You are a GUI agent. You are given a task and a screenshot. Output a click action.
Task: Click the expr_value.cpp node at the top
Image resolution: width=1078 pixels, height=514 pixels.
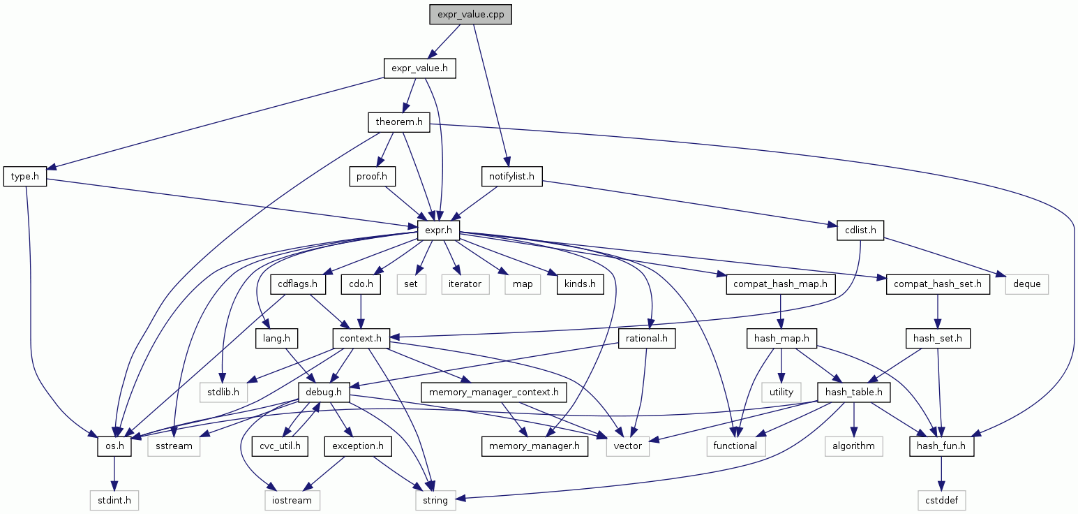[x=471, y=15]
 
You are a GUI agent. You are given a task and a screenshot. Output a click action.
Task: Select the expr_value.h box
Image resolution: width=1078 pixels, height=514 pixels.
[x=419, y=68]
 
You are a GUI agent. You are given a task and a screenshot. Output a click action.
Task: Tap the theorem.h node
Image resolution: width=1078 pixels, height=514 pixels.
[x=398, y=122]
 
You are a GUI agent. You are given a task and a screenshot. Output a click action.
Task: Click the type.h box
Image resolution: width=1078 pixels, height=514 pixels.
[x=25, y=177]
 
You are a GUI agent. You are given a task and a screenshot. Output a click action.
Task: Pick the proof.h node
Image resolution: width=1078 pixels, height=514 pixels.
[x=372, y=177]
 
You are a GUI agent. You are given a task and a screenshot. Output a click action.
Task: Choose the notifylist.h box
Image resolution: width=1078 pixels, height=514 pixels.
[x=511, y=177]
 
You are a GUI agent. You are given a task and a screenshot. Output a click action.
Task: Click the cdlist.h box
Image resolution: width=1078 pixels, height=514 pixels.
[x=860, y=230]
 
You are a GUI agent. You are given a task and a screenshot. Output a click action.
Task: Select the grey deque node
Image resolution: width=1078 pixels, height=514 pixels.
[x=1027, y=284]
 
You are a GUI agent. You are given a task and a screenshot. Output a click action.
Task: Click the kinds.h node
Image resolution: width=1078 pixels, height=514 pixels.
[x=580, y=284]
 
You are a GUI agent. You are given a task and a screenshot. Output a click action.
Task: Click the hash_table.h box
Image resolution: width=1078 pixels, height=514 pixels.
[x=853, y=392]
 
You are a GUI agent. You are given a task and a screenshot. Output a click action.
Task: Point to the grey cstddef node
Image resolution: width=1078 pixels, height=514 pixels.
[x=942, y=500]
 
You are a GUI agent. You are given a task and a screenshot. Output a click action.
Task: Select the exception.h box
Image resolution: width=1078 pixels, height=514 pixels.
[x=358, y=446]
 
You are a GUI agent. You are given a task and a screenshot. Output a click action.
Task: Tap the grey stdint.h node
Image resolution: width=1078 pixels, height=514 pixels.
[x=114, y=500]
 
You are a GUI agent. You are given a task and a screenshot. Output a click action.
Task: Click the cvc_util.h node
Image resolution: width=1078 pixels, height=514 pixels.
[x=280, y=446]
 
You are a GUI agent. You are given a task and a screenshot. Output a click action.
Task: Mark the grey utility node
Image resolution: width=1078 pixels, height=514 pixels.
[x=781, y=392]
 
